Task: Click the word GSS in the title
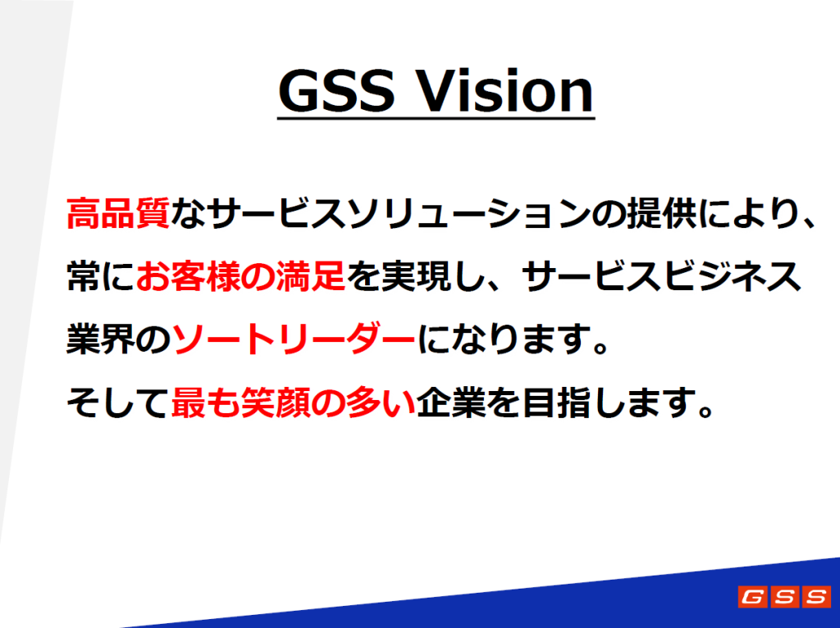click(336, 90)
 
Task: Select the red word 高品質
click(118, 213)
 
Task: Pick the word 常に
click(100, 276)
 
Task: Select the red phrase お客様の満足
click(240, 276)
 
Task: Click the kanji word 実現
click(416, 276)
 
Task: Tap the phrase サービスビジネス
click(661, 276)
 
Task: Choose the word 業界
click(101, 339)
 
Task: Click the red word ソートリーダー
click(294, 339)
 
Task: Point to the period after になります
click(601, 347)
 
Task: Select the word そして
click(117, 402)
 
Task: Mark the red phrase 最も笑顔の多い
click(294, 402)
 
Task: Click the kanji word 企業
click(452, 402)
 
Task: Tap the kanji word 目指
click(557, 402)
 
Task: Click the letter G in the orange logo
click(752, 596)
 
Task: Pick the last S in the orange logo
click(817, 596)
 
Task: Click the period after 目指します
click(706, 410)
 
